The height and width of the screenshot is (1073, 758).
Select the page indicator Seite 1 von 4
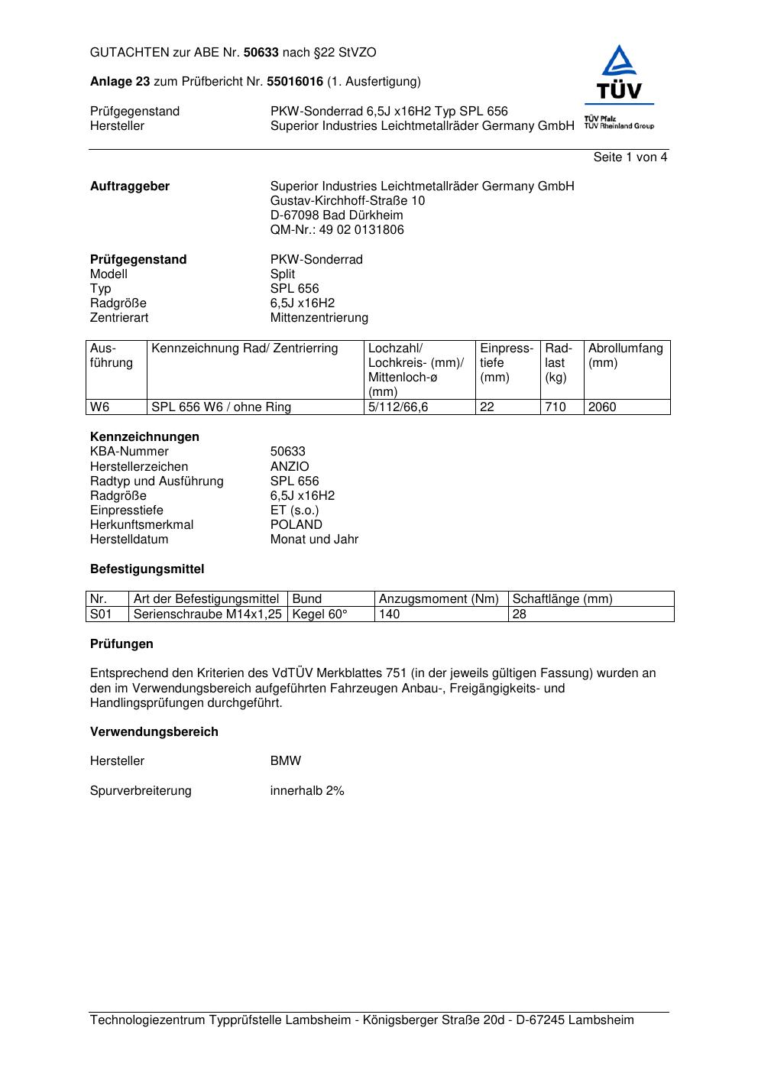(630, 157)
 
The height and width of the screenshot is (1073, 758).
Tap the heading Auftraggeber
(130, 186)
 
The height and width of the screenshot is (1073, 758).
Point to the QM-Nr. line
(337, 230)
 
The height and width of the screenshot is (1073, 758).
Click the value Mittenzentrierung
(319, 318)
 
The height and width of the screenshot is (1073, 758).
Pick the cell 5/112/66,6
(398, 407)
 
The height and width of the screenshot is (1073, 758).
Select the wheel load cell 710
(556, 407)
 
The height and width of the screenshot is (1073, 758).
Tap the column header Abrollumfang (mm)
(625, 355)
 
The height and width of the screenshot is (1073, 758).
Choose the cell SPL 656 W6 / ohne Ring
(221, 407)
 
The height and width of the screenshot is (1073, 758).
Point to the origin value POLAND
(296, 525)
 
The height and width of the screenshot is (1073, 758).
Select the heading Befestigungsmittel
(147, 569)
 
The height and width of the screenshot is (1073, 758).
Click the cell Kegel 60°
(319, 614)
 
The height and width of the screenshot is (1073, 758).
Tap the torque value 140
(389, 614)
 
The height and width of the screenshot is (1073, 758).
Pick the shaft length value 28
(520, 614)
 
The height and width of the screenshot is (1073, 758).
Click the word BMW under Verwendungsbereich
(286, 761)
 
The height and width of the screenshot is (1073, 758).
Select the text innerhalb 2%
(307, 791)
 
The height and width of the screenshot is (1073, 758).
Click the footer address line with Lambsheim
(361, 1020)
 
